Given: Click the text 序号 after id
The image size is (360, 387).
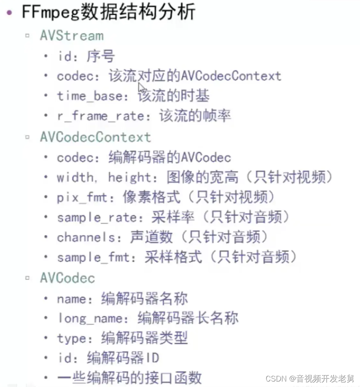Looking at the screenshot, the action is [x=100, y=56].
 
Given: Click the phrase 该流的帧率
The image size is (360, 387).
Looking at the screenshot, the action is [x=195, y=116].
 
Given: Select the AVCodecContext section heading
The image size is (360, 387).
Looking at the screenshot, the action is [x=95, y=137].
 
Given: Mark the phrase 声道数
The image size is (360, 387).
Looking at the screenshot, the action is [x=151, y=237].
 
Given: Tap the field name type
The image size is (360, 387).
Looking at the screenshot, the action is [x=72, y=338].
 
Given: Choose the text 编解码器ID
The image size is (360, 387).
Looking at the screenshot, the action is [x=123, y=358].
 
